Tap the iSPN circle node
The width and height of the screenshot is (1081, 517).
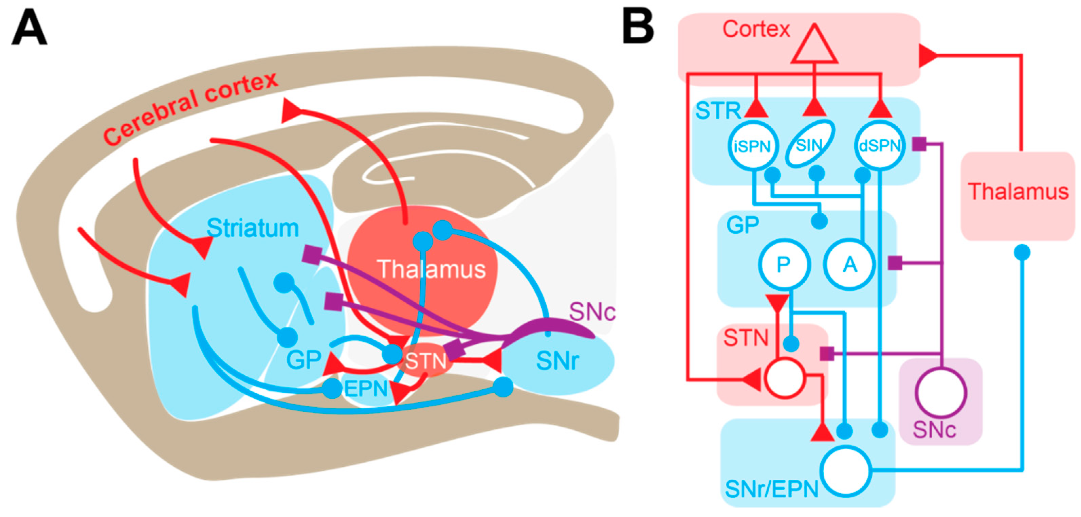click(x=753, y=145)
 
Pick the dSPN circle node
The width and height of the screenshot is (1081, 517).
click(x=880, y=145)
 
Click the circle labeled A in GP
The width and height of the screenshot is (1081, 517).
click(x=849, y=264)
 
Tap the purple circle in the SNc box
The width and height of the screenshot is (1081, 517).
click(x=940, y=393)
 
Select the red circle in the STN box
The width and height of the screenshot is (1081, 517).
click(x=784, y=378)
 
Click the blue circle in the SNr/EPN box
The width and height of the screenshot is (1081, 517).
click(x=846, y=471)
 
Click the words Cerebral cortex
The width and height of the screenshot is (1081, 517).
click(x=190, y=109)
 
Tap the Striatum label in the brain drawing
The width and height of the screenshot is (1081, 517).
click(x=253, y=228)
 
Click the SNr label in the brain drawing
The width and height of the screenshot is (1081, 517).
click(x=558, y=360)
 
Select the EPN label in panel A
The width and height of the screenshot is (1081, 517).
click(x=366, y=389)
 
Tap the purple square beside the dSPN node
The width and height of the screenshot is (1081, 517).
click(x=919, y=144)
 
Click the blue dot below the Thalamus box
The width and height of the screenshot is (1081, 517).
click(x=1022, y=252)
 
